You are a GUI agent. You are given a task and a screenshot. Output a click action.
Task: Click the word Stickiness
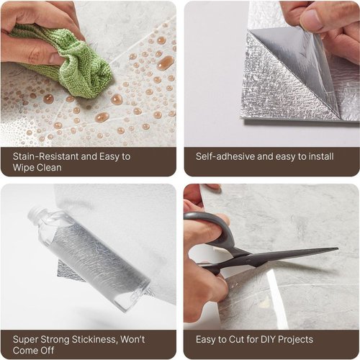(94, 340)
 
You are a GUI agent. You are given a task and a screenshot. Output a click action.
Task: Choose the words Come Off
(34, 351)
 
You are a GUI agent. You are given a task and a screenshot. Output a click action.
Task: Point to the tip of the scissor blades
(338, 249)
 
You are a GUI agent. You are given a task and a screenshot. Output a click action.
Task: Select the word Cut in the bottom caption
(237, 340)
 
